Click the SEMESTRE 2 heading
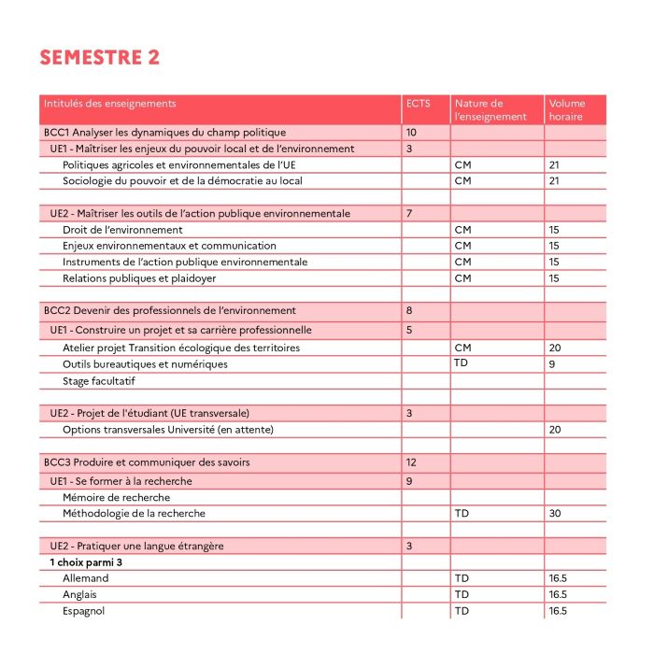100,57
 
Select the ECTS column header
419,104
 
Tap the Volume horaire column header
567,110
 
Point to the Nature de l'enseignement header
490,110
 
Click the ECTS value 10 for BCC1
412,133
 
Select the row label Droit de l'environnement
122,230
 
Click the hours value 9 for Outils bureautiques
552,363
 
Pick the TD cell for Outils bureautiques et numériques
461,363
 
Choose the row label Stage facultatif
100,381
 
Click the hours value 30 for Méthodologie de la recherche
555,514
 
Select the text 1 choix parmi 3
87,562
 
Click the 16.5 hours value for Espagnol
559,611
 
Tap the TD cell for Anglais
461,595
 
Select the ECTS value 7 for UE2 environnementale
409,214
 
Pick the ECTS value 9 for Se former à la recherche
409,481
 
